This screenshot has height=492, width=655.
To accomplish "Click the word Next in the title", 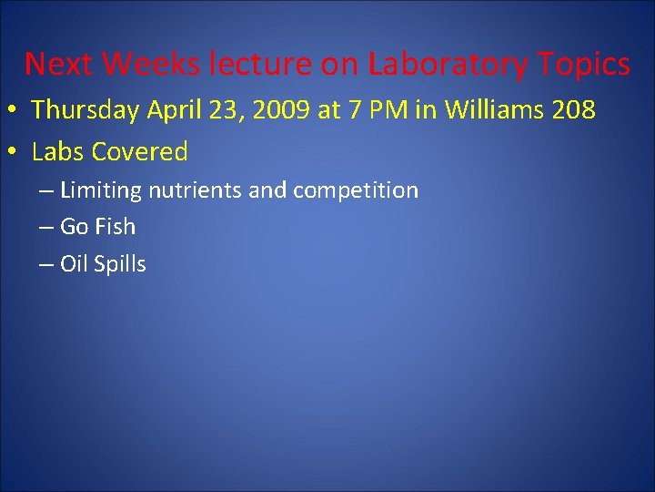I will click(x=59, y=65).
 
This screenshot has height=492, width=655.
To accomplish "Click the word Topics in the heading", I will click(x=582, y=65).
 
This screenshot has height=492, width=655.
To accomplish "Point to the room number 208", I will click(x=570, y=111).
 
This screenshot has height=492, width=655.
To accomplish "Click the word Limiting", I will click(x=100, y=191).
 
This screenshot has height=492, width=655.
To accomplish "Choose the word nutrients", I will click(x=191, y=191).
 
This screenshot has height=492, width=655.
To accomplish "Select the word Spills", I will click(x=119, y=264).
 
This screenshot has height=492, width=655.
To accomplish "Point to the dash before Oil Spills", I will click(x=46, y=264).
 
